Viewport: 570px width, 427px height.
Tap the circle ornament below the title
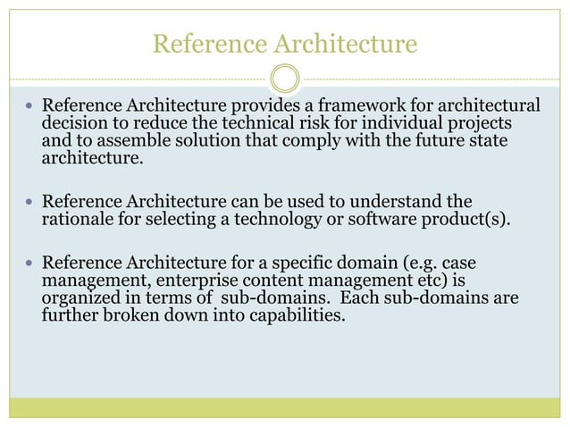coord(284,79)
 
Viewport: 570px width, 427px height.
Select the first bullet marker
coord(29,106)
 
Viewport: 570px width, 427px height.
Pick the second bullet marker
coord(29,203)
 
